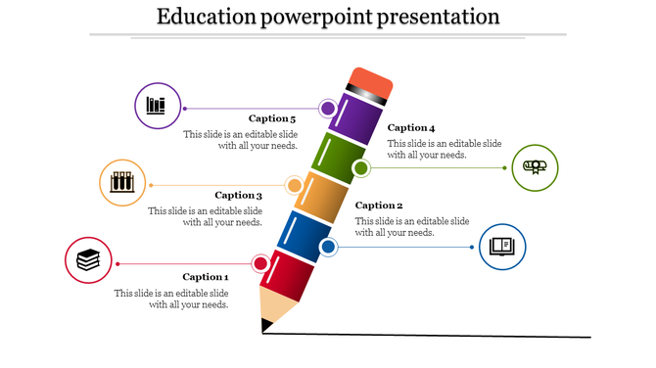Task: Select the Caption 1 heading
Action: tap(205, 277)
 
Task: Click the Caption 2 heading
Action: tap(379, 206)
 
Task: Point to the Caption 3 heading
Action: tap(239, 195)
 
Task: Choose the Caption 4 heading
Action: tap(411, 127)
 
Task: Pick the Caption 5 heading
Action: tap(272, 118)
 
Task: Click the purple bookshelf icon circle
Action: tap(157, 106)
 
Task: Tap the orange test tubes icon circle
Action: tap(122, 182)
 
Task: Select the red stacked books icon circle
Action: tap(88, 260)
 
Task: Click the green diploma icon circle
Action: tap(535, 166)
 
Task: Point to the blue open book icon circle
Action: tap(502, 246)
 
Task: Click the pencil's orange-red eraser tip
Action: tap(371, 80)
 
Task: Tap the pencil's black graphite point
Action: tap(264, 328)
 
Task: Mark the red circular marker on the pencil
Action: tap(260, 263)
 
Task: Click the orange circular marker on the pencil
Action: tap(294, 185)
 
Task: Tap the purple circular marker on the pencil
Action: tap(327, 108)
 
